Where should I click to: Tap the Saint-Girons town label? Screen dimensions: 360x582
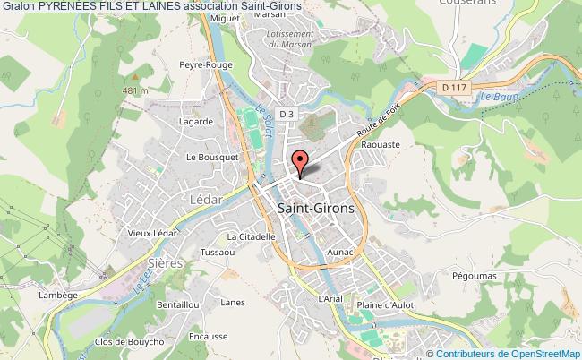pyautogui.click(x=312, y=207)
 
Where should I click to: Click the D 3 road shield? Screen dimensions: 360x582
pyautogui.click(x=286, y=114)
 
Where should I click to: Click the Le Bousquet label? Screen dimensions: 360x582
pyautogui.click(x=210, y=156)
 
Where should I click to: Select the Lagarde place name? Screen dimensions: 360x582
pyautogui.click(x=196, y=122)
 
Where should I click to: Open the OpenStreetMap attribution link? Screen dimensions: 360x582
pyautogui.click(x=533, y=353)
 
